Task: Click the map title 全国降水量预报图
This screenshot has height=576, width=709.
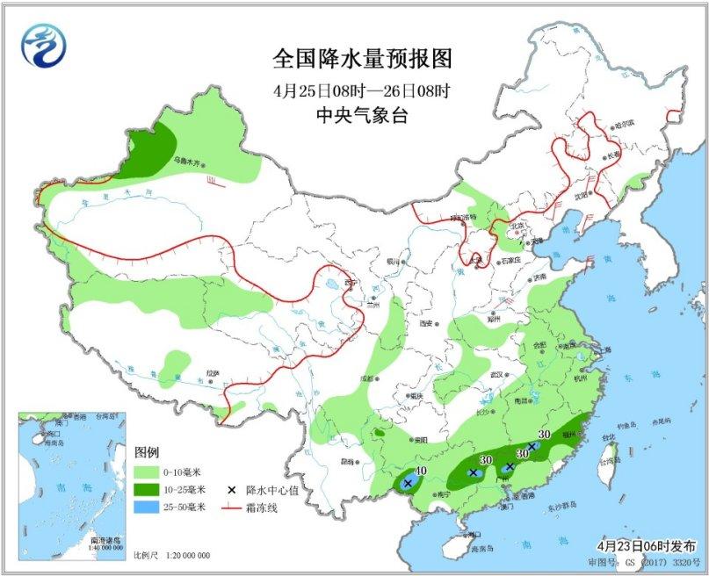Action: click(x=362, y=59)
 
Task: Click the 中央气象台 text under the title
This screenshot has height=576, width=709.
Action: click(x=361, y=115)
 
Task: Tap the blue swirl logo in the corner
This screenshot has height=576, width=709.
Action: click(x=45, y=44)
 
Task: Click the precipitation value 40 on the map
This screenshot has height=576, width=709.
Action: click(x=421, y=472)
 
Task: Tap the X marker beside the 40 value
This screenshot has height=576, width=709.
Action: click(x=408, y=483)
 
